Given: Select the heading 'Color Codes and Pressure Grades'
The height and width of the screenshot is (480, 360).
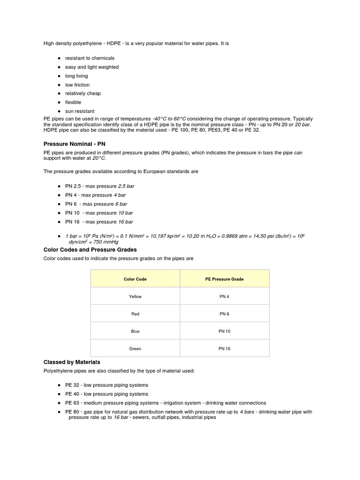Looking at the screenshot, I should point(90,250).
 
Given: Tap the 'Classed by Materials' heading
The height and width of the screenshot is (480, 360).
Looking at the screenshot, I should point(72,362).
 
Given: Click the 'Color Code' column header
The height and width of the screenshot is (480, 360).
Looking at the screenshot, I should point(135,279).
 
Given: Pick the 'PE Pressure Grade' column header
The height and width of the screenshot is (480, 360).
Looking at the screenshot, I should point(225,279).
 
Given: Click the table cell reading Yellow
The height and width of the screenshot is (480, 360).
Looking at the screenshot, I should point(135,296).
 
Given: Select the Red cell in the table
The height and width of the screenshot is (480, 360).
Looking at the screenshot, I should point(135,314).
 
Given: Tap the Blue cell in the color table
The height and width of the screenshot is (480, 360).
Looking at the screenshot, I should point(135,331).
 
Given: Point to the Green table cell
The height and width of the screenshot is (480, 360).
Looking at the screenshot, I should point(135,349).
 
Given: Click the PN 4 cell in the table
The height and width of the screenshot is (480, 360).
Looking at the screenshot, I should point(225,296).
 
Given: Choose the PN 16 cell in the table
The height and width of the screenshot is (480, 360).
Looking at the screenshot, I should point(225,349).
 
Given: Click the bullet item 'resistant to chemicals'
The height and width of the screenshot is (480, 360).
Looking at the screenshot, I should point(90,58).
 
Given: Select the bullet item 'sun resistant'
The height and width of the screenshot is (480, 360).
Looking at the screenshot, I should point(80,111).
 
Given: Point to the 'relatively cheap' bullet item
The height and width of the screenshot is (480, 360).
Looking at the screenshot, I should point(83,93).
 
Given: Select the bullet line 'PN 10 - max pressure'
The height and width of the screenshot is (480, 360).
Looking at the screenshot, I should point(99,213).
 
